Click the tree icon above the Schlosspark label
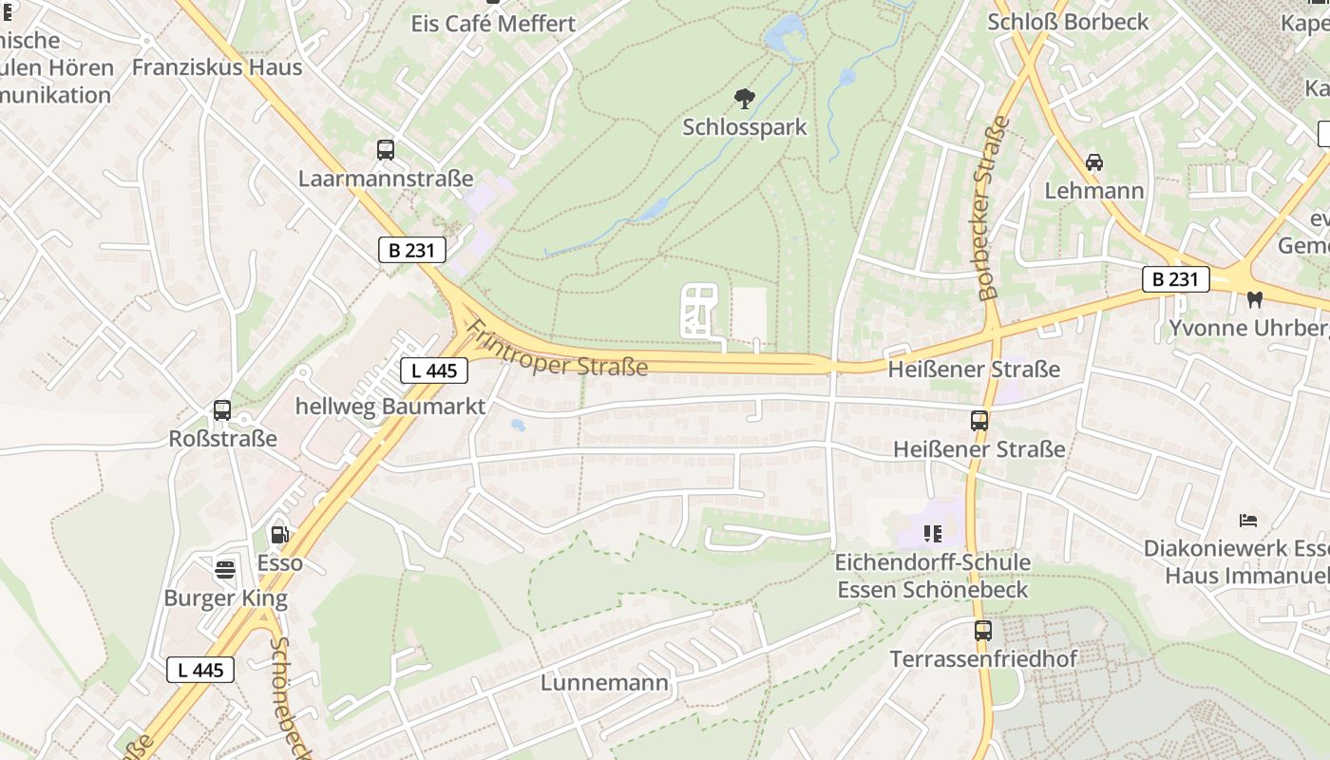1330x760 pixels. [x=745, y=98]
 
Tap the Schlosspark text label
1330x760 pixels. [x=745, y=127]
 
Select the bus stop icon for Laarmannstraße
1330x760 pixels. [x=385, y=150]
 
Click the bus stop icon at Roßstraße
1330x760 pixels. [x=222, y=410]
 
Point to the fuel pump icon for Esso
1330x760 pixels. [x=279, y=535]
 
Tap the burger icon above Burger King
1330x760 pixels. [x=225, y=570]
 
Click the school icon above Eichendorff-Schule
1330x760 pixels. [x=932, y=534]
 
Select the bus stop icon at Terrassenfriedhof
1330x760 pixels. [x=983, y=631]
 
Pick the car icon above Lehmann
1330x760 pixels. [x=1094, y=162]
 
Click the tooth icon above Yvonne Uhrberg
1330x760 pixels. [x=1254, y=300]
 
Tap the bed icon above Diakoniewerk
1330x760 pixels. [x=1248, y=521]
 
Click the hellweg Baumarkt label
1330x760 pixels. [x=390, y=407]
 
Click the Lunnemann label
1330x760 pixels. [x=604, y=683]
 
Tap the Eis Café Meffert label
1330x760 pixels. [x=493, y=24]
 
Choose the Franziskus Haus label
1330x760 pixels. [x=217, y=67]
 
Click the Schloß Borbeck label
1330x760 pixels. [x=1068, y=22]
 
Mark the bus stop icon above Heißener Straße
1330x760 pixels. [x=978, y=421]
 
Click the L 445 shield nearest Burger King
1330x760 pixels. [x=200, y=670]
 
